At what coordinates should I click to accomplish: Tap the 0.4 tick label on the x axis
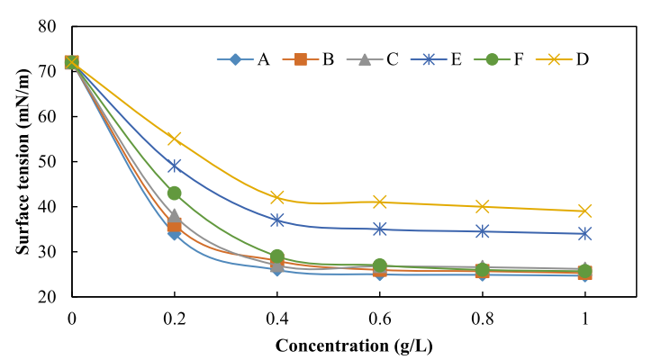[277, 318]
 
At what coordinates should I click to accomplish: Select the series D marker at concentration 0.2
[175, 139]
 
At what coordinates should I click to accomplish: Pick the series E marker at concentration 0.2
[175, 166]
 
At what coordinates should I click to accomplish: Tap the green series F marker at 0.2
[175, 193]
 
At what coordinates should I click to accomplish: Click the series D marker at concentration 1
[585, 211]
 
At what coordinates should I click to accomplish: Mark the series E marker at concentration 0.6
[380, 229]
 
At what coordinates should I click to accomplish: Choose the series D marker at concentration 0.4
[277, 198]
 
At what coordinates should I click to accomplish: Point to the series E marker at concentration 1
[585, 234]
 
